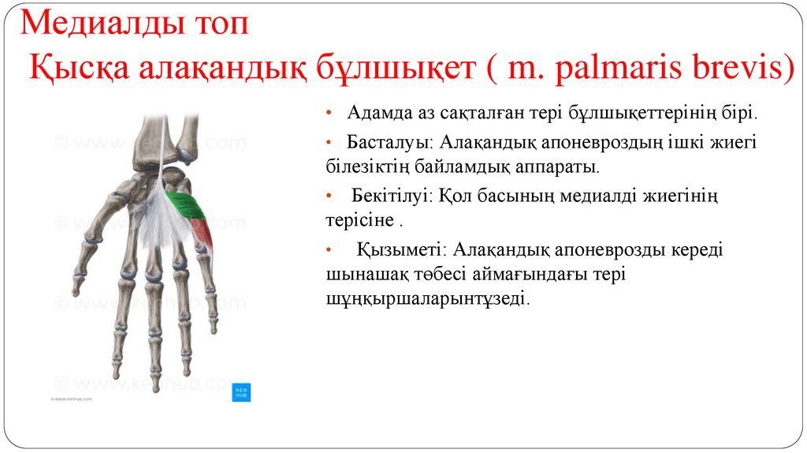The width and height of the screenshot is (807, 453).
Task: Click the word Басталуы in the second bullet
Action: [x=389, y=144]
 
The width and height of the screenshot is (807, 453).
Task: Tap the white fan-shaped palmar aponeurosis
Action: [x=162, y=217]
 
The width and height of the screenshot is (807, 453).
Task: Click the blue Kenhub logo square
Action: [x=241, y=392]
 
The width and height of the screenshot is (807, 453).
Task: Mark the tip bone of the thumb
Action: [x=76, y=289]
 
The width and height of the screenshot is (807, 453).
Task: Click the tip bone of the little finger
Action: [x=213, y=324]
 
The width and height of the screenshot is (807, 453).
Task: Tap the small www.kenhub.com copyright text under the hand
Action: [x=72, y=400]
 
